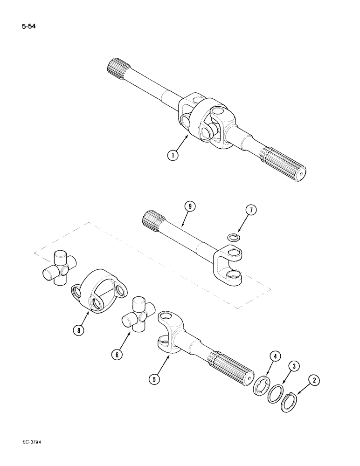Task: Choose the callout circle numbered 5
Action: click(x=156, y=379)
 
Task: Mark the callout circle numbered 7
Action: click(x=250, y=210)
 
